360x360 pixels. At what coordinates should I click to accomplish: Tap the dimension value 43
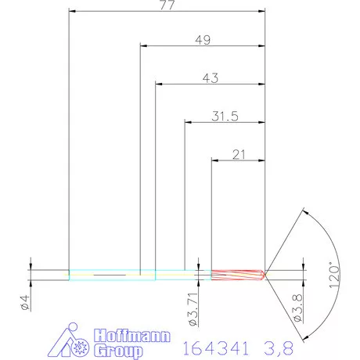tap(209, 77)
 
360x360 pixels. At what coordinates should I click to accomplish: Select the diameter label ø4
tap(25, 301)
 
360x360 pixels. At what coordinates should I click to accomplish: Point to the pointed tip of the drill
tap(266, 274)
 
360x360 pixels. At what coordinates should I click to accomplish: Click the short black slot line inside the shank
tap(109, 275)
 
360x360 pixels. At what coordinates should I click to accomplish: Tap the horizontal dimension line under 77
tap(167, 12)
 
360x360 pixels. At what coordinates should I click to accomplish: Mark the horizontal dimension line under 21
tap(239, 160)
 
